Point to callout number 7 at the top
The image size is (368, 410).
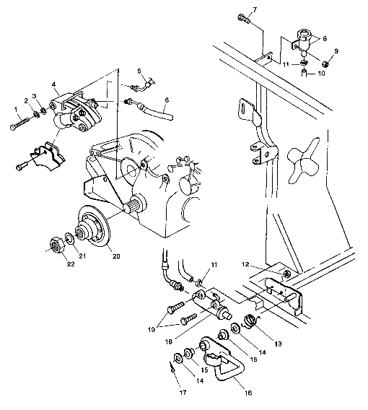coord(254,9)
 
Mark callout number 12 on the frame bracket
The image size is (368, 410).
coord(266,264)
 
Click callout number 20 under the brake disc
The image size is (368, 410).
coord(112,254)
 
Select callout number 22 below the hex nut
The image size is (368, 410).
coord(51,265)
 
